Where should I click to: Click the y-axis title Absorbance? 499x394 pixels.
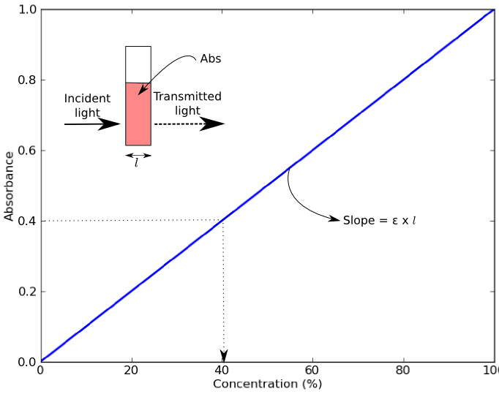pos(9,186)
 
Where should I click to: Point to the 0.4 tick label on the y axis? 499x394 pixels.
pos(27,221)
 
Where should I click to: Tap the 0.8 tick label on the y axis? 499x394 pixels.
pos(27,80)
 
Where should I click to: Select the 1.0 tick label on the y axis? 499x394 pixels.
pos(27,10)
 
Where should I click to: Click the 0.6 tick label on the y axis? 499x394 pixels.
pos(27,151)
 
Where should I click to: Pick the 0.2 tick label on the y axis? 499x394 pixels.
pos(27,292)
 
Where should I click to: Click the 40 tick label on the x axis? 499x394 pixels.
pos(222,371)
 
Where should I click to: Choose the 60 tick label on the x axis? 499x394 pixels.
pos(313,371)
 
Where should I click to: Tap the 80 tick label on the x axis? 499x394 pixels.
pos(404,371)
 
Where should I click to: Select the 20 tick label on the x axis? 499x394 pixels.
pos(132,371)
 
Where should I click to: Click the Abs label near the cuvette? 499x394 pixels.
pos(211,59)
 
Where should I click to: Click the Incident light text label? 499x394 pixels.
pos(87,105)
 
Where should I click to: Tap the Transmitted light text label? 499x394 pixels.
pos(187,104)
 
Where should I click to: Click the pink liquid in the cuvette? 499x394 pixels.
pos(138,117)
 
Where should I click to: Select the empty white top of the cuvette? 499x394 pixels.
pos(138,64)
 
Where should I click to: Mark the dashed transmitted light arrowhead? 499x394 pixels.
pos(213,124)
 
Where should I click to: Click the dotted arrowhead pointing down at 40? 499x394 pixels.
pos(223,356)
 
